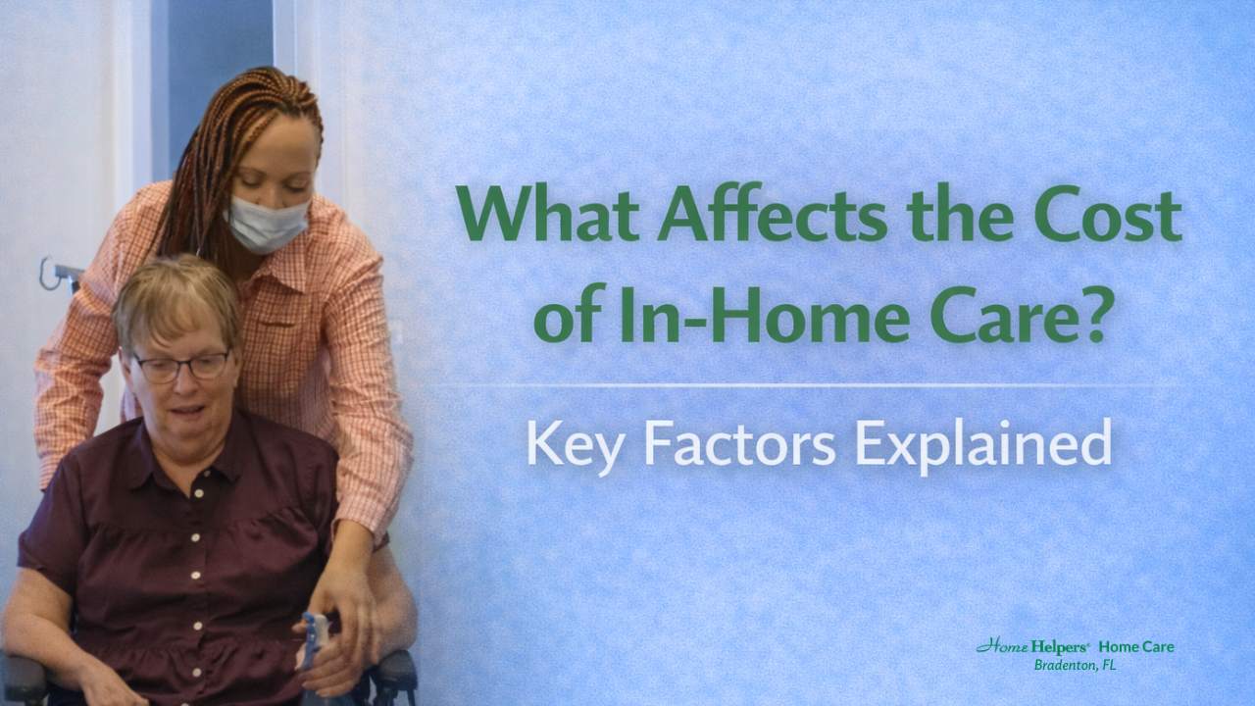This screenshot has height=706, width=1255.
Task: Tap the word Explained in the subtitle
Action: [x=982, y=443]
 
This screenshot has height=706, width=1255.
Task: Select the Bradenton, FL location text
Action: [x=1077, y=666]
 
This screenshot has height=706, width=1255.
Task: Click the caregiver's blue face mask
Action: [x=268, y=224]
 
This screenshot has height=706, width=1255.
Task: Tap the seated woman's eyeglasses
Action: [x=181, y=366]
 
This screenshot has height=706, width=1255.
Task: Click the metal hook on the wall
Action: [x=54, y=273]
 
